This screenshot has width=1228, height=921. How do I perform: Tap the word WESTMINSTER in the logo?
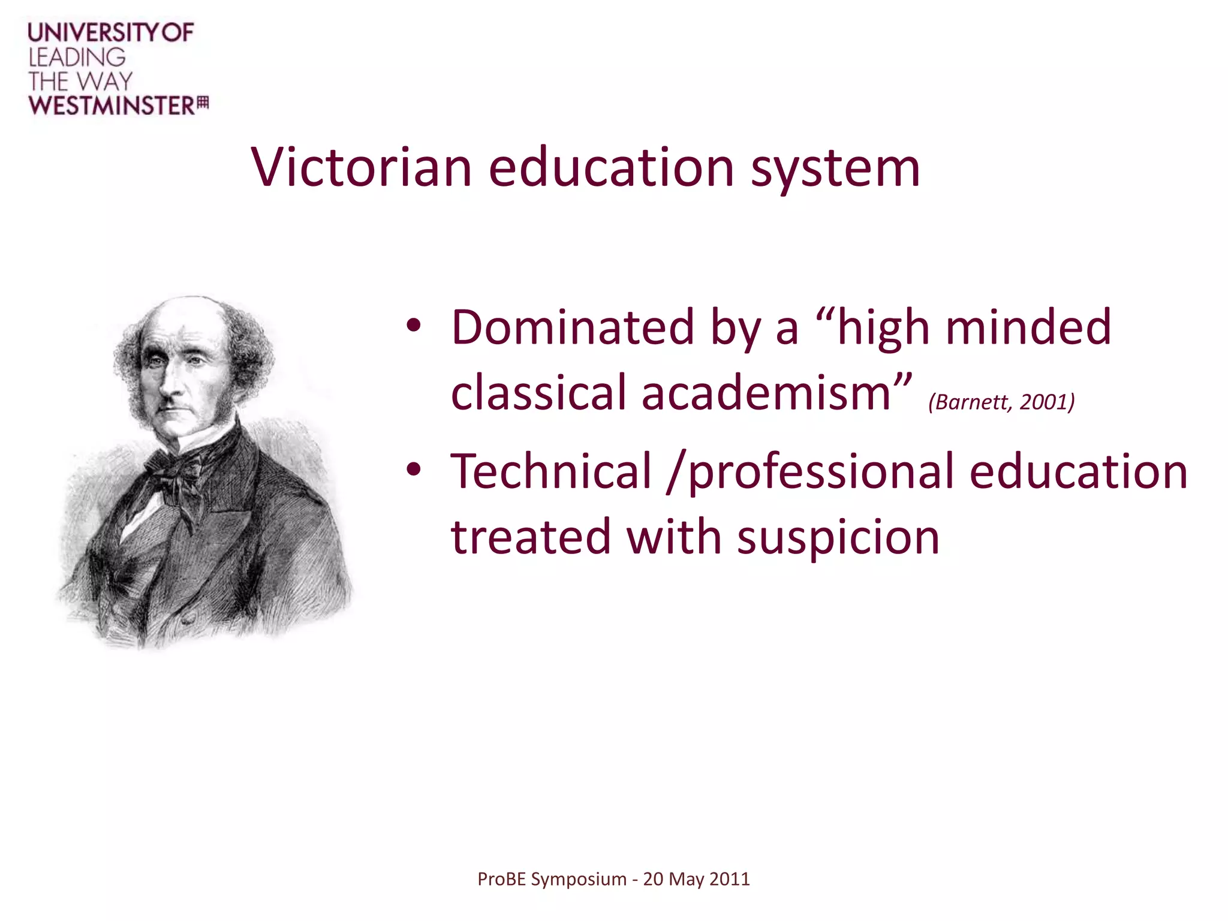112,106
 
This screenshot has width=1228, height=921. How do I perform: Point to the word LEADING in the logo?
77,58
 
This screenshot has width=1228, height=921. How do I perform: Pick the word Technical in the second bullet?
551,471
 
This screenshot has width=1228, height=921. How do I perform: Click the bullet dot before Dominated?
414,326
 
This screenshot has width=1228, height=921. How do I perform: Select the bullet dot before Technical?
414,470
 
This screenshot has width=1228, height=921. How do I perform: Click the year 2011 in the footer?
730,879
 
